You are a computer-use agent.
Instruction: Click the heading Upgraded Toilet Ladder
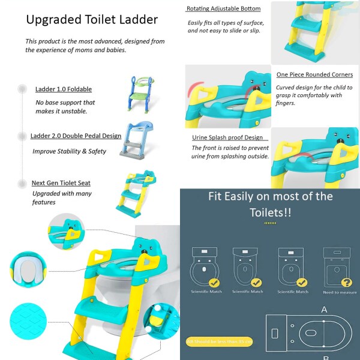tap(92, 20)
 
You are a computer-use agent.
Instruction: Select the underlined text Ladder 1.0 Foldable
tap(64, 89)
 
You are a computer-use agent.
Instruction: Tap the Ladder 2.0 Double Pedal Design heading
tap(76, 136)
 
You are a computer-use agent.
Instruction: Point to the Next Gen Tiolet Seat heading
tap(61, 183)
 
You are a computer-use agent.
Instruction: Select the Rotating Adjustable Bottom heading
tap(223, 9)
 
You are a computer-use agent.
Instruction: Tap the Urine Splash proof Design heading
tap(227, 137)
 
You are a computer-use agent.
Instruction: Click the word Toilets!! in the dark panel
tap(270, 212)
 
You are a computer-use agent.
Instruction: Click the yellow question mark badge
tap(346, 282)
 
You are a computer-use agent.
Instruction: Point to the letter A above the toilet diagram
tap(324, 310)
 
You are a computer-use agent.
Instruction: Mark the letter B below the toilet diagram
tap(325, 356)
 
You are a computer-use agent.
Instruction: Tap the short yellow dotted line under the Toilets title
tap(270, 223)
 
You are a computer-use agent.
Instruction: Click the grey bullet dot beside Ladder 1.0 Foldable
tap(22, 89)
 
